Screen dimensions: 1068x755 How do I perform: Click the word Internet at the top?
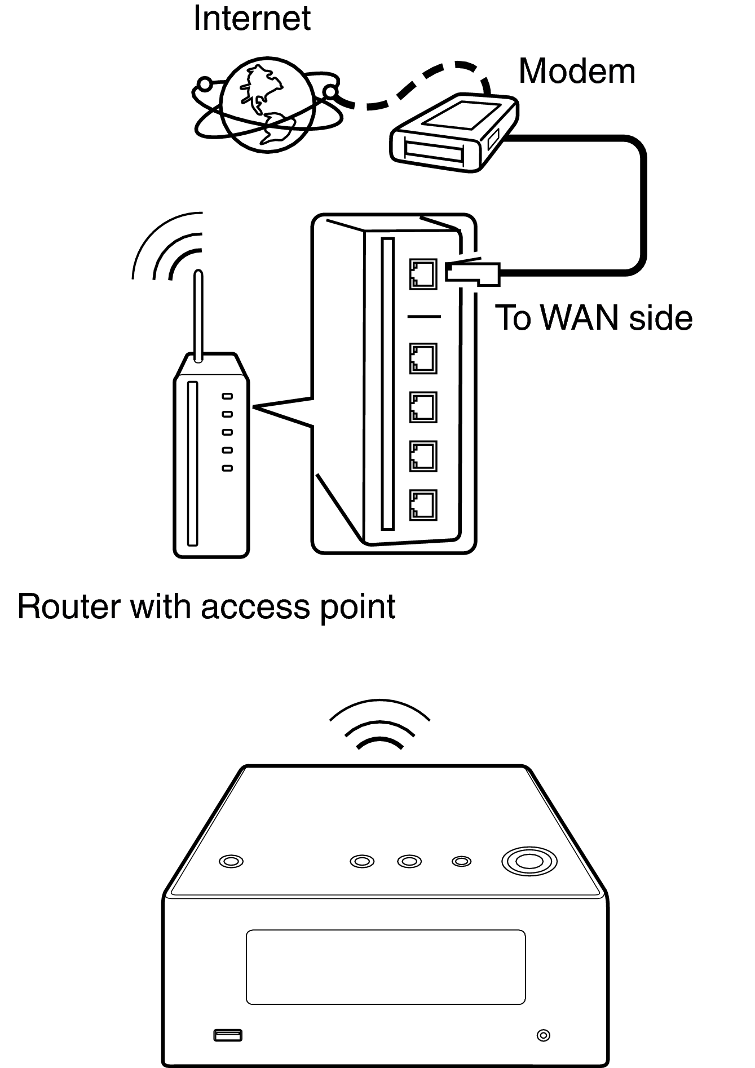point(251,18)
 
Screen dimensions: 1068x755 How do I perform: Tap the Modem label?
point(576,72)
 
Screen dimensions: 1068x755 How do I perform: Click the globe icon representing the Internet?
point(266,105)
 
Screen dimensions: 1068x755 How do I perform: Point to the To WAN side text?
point(593,318)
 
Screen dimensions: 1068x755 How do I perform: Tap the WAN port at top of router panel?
point(423,274)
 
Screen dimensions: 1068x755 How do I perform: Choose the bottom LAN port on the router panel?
point(423,504)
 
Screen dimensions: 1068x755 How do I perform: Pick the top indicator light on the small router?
point(227,396)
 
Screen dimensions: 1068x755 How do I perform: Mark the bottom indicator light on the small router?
point(227,468)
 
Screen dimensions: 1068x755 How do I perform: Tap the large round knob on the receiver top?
point(529,861)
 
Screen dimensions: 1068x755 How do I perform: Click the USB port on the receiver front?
point(228,1035)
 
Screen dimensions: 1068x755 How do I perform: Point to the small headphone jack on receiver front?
point(543,1035)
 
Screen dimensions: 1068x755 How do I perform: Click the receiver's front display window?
point(386,967)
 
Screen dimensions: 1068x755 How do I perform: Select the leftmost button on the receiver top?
point(231,861)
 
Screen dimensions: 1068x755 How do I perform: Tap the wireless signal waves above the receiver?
point(379,726)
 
